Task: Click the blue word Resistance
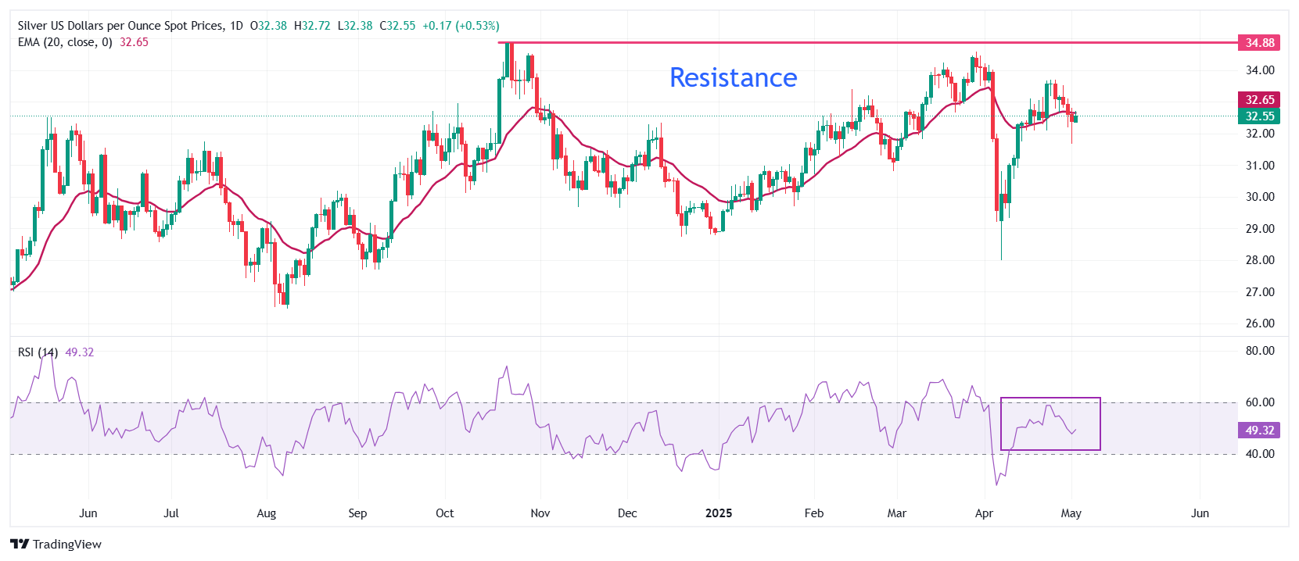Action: click(x=733, y=77)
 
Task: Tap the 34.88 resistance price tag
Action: click(x=1259, y=43)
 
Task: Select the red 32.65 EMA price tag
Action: click(x=1259, y=99)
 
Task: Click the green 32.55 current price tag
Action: click(x=1259, y=116)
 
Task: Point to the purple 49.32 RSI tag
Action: click(x=1259, y=430)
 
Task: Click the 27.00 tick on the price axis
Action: click(x=1259, y=291)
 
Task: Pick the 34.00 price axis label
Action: click(x=1259, y=70)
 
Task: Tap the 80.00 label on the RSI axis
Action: click(x=1259, y=351)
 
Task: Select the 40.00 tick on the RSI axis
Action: click(x=1259, y=454)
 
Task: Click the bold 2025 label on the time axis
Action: click(x=719, y=513)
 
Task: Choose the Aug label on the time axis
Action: click(x=267, y=513)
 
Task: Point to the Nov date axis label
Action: click(x=540, y=513)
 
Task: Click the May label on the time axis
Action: click(x=1071, y=513)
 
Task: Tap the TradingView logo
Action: click(x=56, y=544)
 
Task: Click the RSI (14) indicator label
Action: click(x=38, y=352)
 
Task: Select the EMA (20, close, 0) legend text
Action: click(x=65, y=42)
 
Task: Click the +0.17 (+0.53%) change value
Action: click(x=460, y=26)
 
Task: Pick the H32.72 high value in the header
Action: click(x=312, y=26)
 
